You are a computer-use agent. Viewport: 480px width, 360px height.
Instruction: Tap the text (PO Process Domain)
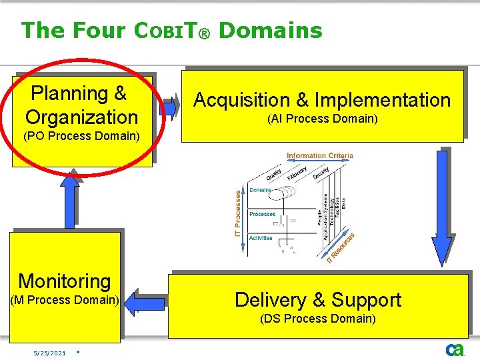81,137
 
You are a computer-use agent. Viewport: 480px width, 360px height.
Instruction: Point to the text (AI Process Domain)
322,119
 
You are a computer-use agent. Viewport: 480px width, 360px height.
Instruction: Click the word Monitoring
64,281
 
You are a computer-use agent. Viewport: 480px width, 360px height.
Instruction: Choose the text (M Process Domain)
65,300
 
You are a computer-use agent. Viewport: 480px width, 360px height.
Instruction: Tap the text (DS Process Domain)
318,319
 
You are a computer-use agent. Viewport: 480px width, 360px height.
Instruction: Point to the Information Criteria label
320,156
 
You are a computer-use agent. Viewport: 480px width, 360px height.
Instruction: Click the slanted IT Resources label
340,247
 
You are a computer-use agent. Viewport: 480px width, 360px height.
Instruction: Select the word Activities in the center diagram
261,238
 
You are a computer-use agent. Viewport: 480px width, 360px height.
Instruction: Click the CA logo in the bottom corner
455,349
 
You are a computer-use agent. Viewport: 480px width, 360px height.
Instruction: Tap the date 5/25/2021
50,353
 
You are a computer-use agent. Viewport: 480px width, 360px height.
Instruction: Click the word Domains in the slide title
270,30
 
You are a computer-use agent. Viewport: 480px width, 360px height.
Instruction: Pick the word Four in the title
99,30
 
